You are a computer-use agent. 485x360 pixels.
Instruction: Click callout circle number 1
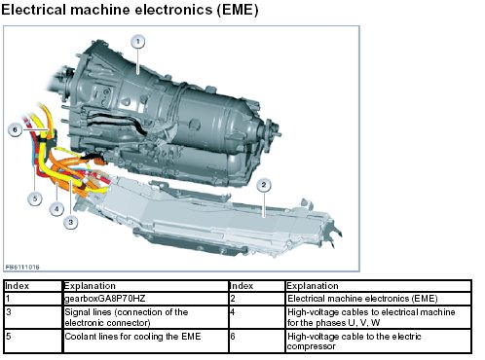(138, 42)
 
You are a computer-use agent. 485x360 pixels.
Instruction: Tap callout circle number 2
(264, 185)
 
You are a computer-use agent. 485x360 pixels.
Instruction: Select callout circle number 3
(71, 222)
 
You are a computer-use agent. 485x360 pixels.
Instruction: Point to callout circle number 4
(56, 209)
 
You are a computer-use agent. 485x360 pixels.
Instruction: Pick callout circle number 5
(35, 198)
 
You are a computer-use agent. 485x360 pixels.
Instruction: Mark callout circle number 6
(15, 129)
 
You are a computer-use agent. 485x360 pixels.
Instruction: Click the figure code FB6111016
(22, 267)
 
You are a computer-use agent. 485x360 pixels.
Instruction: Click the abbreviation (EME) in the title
(238, 10)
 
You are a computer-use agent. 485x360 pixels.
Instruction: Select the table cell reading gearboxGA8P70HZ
(145, 299)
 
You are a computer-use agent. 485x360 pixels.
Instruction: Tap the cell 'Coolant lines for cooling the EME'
(145, 341)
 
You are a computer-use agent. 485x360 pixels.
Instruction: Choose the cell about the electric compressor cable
(378, 341)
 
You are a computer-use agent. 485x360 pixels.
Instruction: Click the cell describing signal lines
(145, 317)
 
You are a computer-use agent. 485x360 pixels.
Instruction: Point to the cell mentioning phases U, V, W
(378, 317)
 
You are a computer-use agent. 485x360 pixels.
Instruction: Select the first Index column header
(33, 286)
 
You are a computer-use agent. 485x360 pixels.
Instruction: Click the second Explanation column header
(378, 286)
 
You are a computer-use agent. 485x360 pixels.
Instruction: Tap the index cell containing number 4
(257, 317)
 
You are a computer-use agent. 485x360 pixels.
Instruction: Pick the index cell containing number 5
(33, 341)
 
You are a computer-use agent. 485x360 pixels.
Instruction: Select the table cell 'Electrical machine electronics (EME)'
(378, 299)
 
